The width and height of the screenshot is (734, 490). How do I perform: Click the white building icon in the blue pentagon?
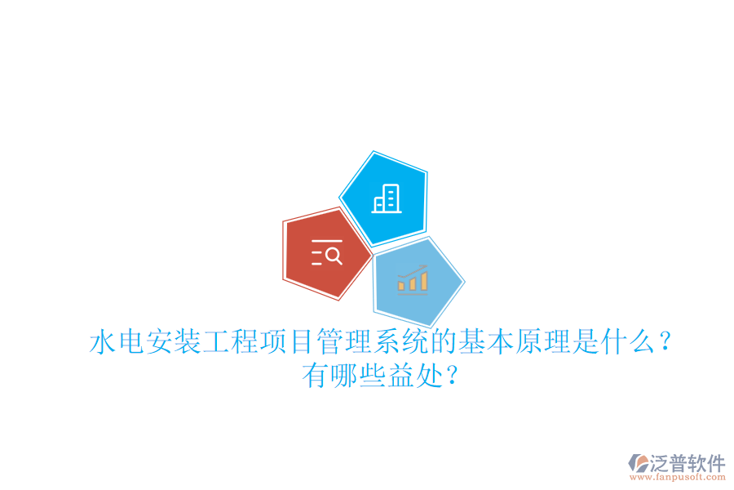click(387, 198)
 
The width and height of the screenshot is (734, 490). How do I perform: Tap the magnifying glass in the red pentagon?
click(333, 256)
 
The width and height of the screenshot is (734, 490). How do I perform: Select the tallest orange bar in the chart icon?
click(424, 280)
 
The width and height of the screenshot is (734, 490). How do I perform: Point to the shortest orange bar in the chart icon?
click(401, 285)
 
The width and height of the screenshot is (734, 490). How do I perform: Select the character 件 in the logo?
click(715, 463)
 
